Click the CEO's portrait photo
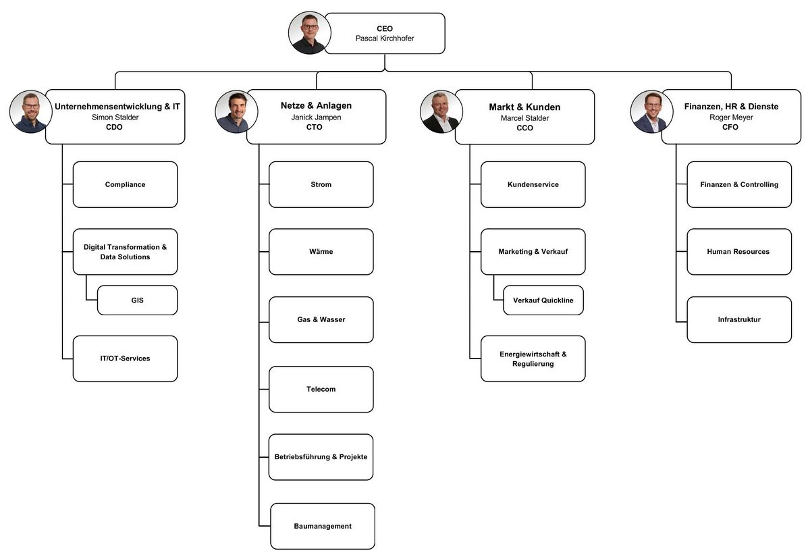pyautogui.click(x=310, y=33)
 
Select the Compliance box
pyautogui.click(x=125, y=184)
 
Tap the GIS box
pyautogui.click(x=137, y=300)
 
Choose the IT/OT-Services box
pyautogui.click(x=125, y=359)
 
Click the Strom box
pyautogui.click(x=321, y=184)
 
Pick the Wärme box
pyautogui.click(x=321, y=252)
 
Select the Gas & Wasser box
pyautogui.click(x=321, y=319)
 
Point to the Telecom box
pyautogui.click(x=321, y=389)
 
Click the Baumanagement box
pyautogui.click(x=322, y=526)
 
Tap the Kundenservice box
pyautogui.click(x=533, y=184)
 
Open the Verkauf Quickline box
pyautogui.click(x=543, y=300)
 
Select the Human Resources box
pyautogui.click(x=738, y=252)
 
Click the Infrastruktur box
pyautogui.click(x=738, y=319)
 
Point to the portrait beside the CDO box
pyautogui.click(x=31, y=111)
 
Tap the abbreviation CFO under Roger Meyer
pyautogui.click(x=730, y=127)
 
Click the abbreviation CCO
pyautogui.click(x=524, y=128)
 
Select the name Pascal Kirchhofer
pyautogui.click(x=385, y=38)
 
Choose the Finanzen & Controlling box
pyautogui.click(x=738, y=184)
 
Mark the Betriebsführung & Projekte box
pyautogui.click(x=321, y=457)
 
